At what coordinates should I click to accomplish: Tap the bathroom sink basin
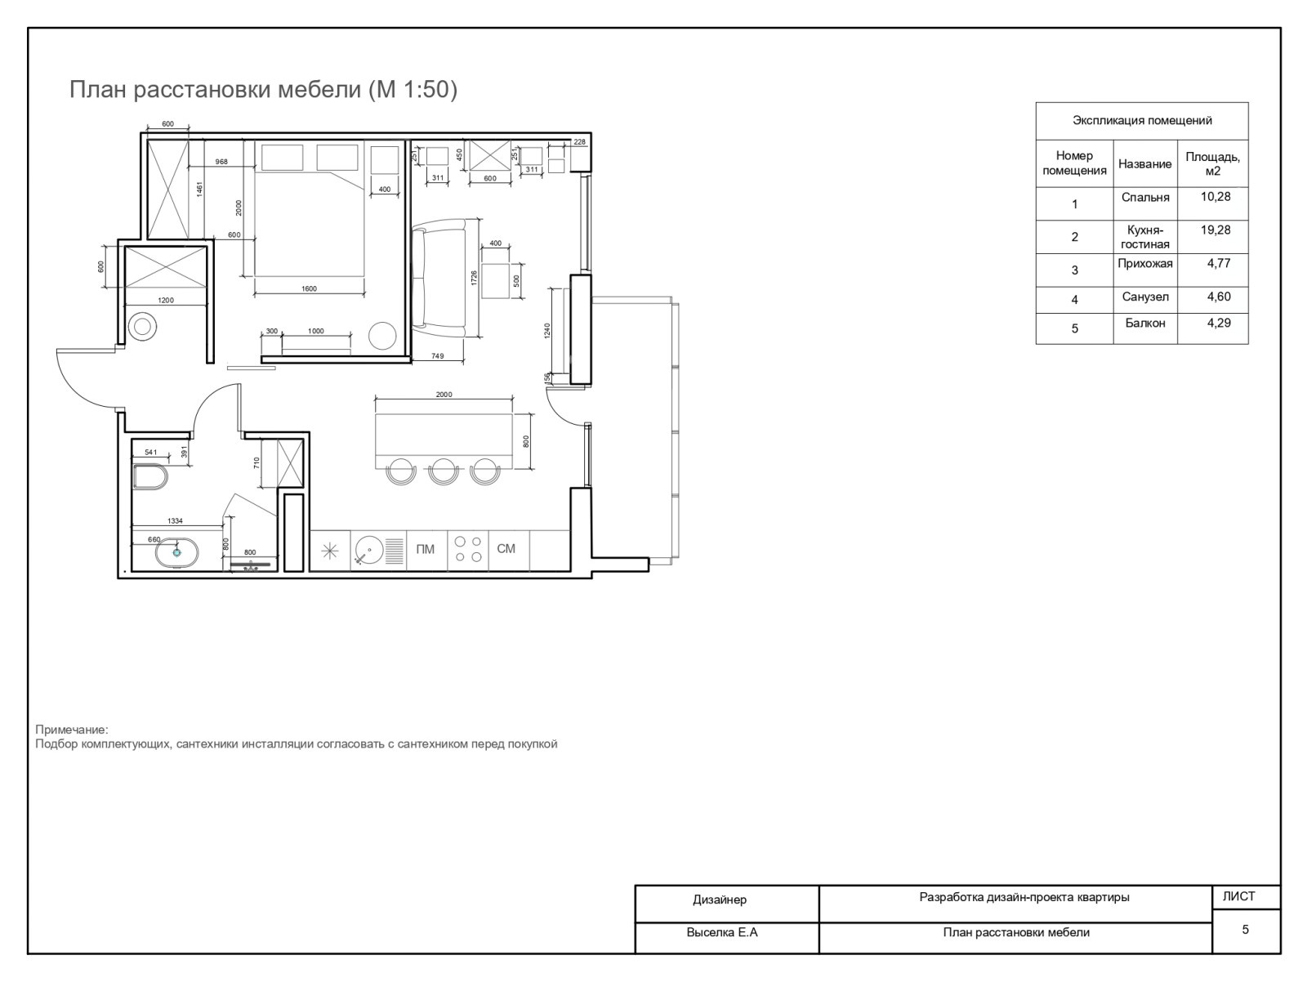[176, 552]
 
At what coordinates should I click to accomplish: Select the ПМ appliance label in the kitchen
[425, 549]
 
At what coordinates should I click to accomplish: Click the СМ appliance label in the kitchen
[506, 548]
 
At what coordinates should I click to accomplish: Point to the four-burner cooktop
[468, 549]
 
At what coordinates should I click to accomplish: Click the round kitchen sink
[369, 550]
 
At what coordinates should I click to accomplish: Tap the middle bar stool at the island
[443, 471]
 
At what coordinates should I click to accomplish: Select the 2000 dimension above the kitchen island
[444, 395]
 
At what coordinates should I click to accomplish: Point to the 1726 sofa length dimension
[474, 277]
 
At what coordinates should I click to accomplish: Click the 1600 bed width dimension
[309, 289]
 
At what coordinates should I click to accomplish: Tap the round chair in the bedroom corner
[382, 337]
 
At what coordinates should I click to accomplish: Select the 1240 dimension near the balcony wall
[547, 331]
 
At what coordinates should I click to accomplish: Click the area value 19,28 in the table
[1216, 230]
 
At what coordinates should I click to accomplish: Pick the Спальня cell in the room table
[1145, 197]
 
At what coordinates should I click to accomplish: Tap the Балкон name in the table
[1145, 323]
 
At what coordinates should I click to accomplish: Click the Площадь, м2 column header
[1212, 163]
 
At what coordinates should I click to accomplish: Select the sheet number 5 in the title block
[1245, 929]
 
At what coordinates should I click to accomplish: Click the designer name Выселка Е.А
[722, 932]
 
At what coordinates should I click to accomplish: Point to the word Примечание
[72, 730]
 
